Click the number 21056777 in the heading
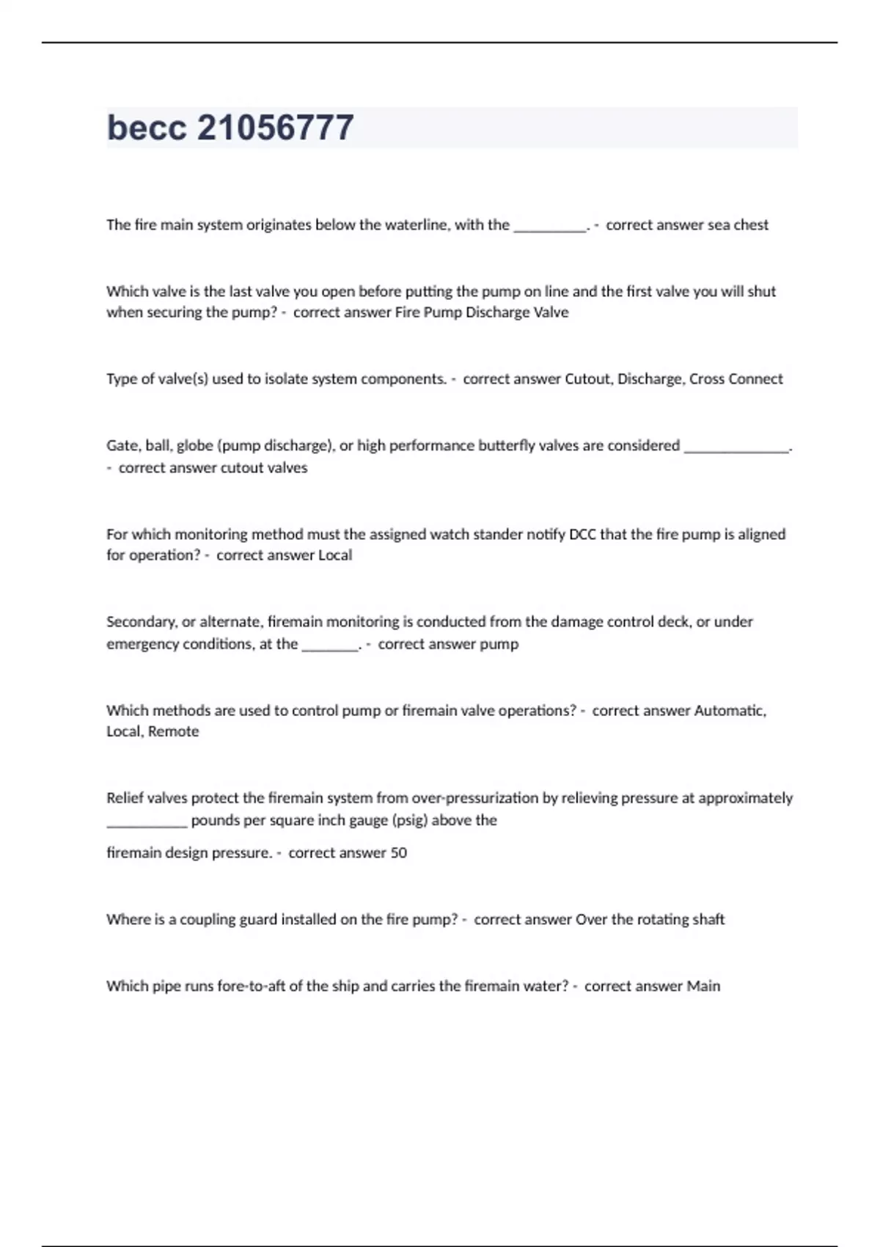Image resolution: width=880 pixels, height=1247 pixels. coord(276,128)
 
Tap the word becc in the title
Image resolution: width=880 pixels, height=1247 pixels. coord(147,128)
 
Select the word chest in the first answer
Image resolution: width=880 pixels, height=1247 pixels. coord(751,225)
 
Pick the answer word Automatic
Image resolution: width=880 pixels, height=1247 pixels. coord(730,711)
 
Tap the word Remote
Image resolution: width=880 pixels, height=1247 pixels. coord(174,731)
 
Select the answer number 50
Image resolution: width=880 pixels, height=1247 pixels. coord(398,853)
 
